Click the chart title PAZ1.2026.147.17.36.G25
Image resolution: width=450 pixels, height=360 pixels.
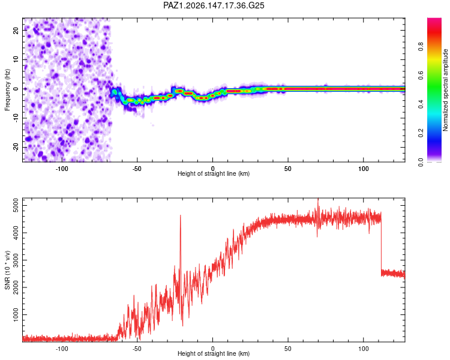pyautogui.click(x=214, y=5)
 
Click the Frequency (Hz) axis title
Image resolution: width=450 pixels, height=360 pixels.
pyautogui.click(x=7, y=90)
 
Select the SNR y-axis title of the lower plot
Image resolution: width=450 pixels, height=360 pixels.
pyautogui.click(x=7, y=270)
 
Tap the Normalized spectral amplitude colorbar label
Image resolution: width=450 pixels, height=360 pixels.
pyautogui.click(x=445, y=90)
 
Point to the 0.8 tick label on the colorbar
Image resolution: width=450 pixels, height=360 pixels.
pyautogui.click(x=421, y=46)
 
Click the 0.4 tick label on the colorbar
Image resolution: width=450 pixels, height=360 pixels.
pyautogui.click(x=421, y=104)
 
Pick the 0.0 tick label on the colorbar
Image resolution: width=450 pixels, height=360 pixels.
pyautogui.click(x=421, y=162)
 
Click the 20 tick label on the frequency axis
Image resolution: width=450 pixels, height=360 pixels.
pyautogui.click(x=16, y=31)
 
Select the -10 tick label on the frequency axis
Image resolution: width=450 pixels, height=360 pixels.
pyautogui.click(x=16, y=118)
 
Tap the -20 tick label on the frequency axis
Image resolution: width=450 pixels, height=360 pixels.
pyautogui.click(x=16, y=147)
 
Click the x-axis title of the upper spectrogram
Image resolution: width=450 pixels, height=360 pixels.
pyautogui.click(x=214, y=173)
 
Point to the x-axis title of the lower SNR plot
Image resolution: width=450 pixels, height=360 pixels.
pyautogui.click(x=214, y=353)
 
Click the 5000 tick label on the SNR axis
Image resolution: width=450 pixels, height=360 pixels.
pyautogui.click(x=16, y=206)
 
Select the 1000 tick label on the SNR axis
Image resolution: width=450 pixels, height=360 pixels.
pyautogui.click(x=16, y=314)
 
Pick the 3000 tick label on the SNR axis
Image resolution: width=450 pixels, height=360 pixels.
pyautogui.click(x=16, y=260)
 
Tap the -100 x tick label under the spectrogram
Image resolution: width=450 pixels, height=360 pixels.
pyautogui.click(x=62, y=169)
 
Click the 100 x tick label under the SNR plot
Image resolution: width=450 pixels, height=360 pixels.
pyautogui.click(x=364, y=349)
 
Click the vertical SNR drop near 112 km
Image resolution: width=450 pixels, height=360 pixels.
pyautogui.click(x=381, y=244)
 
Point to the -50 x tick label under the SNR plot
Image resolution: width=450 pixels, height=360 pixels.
pyautogui.click(x=137, y=349)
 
